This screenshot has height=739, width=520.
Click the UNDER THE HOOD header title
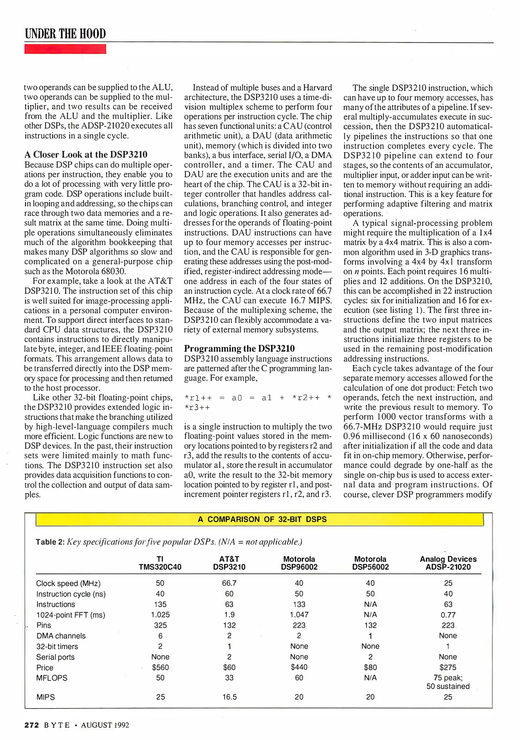click(65, 34)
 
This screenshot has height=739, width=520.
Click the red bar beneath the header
click(65, 49)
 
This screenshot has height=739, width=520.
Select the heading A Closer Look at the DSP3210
click(86, 155)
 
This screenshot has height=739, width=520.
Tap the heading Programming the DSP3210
click(239, 349)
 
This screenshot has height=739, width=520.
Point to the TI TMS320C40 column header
click(160, 563)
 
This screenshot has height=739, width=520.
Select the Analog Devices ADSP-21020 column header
click(448, 563)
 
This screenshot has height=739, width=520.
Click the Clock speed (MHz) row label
click(68, 583)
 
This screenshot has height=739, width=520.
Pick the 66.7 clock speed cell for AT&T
click(229, 583)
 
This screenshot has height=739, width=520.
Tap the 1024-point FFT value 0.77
click(448, 615)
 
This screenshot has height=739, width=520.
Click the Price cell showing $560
click(160, 667)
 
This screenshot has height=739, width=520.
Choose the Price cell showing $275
click(448, 667)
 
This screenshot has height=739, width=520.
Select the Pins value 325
click(160, 625)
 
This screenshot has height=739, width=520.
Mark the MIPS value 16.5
click(229, 697)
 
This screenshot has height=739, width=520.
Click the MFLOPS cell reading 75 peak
click(448, 678)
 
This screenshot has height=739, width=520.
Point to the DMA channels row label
click(61, 636)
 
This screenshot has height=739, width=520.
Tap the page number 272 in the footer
click(32, 725)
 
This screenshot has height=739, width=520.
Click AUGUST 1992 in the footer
click(105, 725)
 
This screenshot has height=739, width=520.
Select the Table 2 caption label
click(50, 542)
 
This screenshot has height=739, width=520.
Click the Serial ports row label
click(55, 657)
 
